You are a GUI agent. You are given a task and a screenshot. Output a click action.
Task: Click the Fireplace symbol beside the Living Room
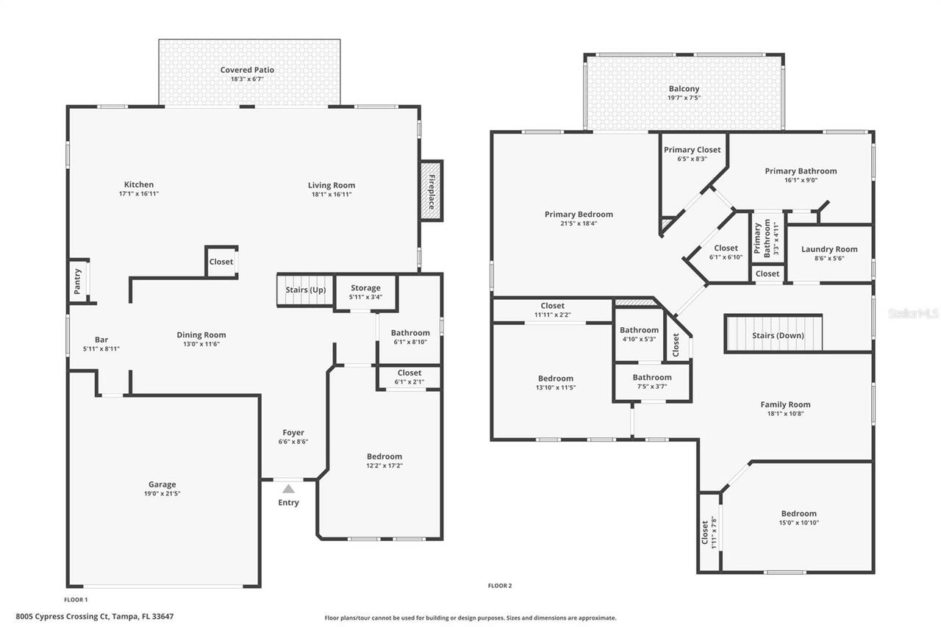(432, 190)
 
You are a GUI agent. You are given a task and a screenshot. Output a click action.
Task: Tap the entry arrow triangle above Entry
(289, 489)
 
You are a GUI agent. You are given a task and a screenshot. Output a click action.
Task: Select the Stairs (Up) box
(305, 290)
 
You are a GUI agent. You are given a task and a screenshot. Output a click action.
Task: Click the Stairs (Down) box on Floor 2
(773, 334)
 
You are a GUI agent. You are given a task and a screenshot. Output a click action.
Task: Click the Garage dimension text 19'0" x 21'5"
(162, 494)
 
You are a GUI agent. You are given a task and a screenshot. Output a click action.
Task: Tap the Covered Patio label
(247, 70)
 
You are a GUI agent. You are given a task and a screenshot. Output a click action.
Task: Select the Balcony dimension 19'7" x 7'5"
(684, 98)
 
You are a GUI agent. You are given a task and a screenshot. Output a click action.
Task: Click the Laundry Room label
(829, 249)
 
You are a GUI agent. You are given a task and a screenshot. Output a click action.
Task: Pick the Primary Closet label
(693, 150)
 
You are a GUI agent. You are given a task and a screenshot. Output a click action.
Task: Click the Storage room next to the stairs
(365, 292)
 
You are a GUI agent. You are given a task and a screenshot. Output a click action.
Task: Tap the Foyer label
(293, 433)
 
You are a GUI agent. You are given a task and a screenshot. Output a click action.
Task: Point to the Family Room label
(785, 404)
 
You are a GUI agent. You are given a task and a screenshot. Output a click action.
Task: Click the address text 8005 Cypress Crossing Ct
(94, 617)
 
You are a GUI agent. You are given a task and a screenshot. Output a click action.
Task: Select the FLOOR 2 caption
(500, 586)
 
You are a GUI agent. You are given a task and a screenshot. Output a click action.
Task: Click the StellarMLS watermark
(912, 313)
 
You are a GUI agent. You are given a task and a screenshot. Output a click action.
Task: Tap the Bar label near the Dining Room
(101, 340)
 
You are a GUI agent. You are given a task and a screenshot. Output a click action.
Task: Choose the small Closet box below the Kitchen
(221, 262)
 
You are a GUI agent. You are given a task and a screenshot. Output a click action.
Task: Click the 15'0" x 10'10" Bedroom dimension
(798, 523)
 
